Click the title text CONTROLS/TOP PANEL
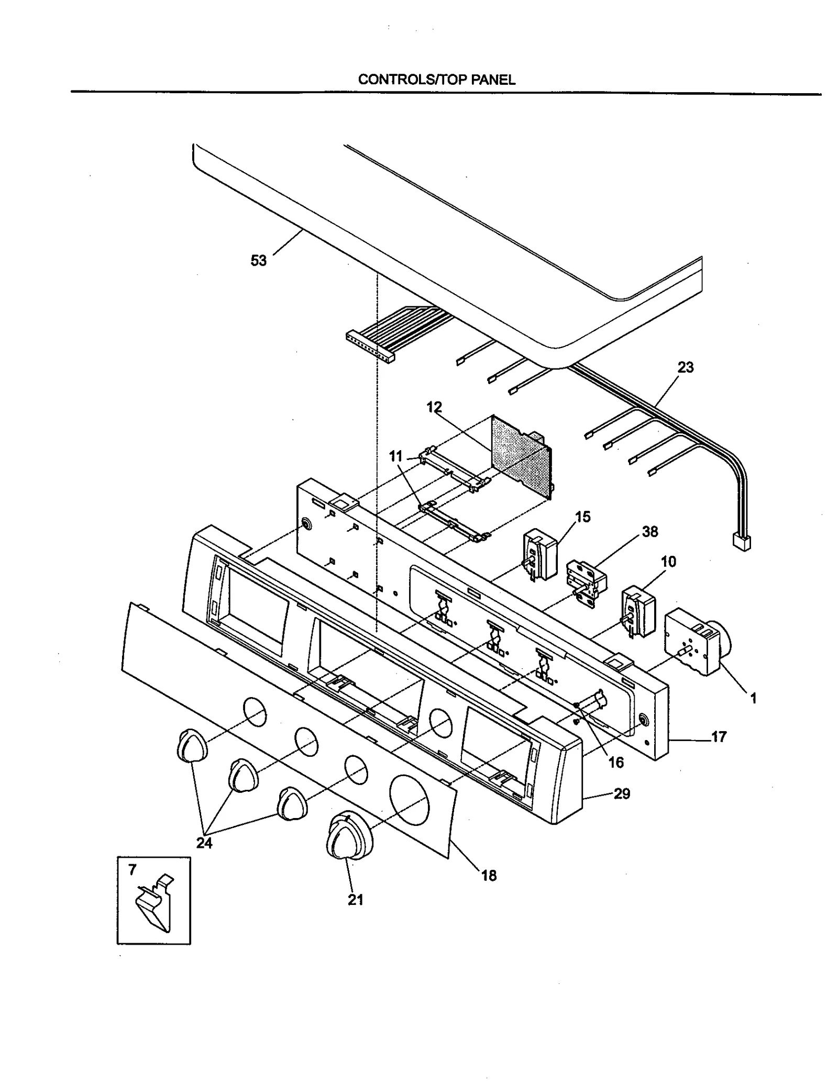436,80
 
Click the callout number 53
259,261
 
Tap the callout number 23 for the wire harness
685,367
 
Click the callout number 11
395,456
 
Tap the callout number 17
719,737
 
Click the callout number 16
616,763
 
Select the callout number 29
622,794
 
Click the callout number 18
489,876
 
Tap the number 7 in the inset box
132,870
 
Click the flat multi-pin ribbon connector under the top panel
369,348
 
